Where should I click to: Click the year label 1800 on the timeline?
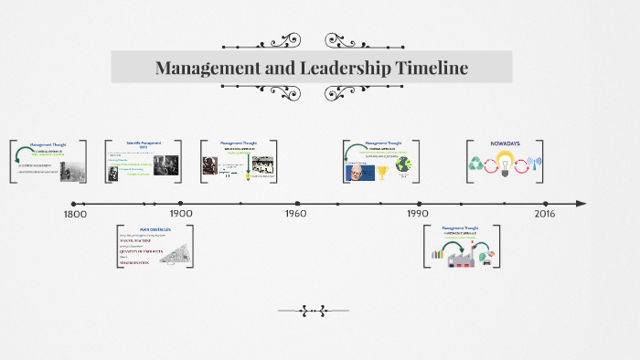[74, 214]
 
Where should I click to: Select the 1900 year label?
[181, 214]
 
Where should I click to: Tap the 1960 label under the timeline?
[295, 214]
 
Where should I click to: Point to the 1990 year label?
[418, 214]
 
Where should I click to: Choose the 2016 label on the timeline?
[544, 214]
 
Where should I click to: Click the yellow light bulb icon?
[504, 165]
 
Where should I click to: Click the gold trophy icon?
[382, 172]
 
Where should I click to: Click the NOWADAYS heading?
[504, 144]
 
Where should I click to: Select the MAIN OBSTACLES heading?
[136, 228]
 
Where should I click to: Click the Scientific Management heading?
[142, 143]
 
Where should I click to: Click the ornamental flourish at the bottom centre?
[313, 311]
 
